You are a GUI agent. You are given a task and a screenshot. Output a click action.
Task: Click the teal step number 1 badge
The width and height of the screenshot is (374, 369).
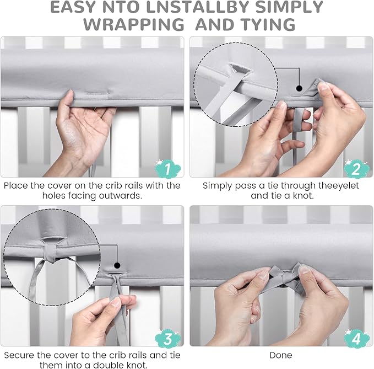point(167,168)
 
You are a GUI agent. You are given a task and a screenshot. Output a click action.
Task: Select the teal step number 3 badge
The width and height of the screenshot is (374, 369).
point(167,338)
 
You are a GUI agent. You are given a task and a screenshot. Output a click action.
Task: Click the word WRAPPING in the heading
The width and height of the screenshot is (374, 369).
point(134,24)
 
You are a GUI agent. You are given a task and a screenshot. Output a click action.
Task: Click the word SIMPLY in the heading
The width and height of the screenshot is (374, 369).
point(289,7)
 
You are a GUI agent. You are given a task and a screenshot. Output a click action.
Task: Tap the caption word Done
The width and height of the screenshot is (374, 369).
point(281,355)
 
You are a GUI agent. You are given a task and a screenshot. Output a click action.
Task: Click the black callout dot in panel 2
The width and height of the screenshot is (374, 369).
point(299,88)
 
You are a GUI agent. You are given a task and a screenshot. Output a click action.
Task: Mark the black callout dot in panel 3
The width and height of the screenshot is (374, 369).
point(117,265)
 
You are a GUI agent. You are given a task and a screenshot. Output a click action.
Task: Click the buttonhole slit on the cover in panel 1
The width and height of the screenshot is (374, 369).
point(97,93)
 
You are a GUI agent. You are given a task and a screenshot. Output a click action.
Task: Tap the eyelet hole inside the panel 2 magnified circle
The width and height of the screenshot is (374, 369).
point(240,69)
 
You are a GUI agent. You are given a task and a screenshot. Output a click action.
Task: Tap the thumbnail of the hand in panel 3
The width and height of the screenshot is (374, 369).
point(116,302)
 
